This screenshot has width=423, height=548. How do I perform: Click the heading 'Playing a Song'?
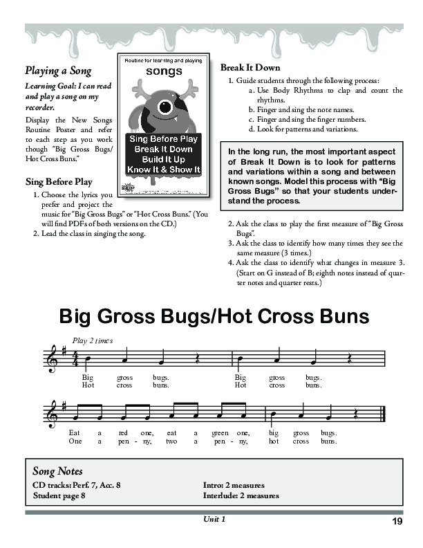click(58, 70)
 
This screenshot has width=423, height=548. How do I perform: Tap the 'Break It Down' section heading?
click(250, 67)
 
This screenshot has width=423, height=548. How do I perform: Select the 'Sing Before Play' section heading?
click(58, 182)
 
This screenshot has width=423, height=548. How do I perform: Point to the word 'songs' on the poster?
click(163, 71)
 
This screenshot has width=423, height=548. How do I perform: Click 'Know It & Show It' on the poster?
click(164, 170)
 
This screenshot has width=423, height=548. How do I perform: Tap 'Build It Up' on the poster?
click(164, 159)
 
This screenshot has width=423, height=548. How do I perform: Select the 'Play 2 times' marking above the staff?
click(92, 340)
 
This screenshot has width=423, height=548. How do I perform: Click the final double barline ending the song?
click(382, 414)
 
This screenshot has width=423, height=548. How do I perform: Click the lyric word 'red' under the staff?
click(124, 432)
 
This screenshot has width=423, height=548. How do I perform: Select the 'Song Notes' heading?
click(57, 471)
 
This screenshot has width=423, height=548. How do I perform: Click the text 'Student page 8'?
click(59, 495)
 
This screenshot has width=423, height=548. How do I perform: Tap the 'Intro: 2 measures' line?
click(234, 485)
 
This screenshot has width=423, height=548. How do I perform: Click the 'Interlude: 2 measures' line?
click(241, 495)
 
